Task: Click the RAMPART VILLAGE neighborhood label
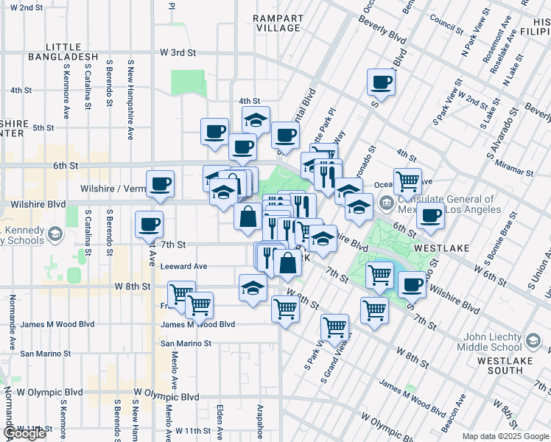[277, 22]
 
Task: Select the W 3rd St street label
[178, 53]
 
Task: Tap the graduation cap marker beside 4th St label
[256, 120]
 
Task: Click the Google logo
[24, 433]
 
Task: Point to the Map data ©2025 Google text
[505, 436]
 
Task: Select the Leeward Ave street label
[184, 266]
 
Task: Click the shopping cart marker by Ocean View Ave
[407, 180]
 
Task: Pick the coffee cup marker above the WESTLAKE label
[431, 216]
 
